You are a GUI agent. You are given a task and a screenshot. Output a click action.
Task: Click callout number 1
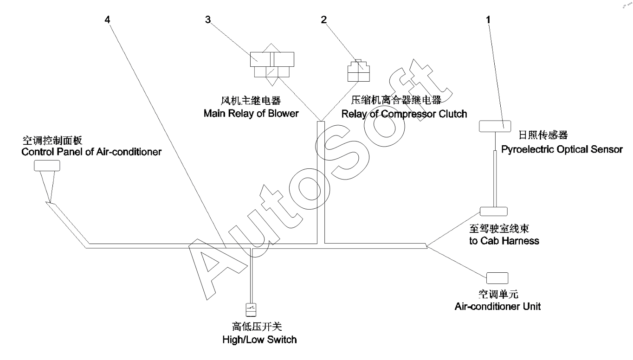coord(488,20)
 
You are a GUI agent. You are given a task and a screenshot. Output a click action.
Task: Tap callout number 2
coord(323,20)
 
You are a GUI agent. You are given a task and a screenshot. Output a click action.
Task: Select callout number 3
coord(208,20)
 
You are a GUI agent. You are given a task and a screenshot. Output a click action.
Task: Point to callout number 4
coord(108,20)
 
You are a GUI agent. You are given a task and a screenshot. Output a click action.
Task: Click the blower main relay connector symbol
coord(272,65)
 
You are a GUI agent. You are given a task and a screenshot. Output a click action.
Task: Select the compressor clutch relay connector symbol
coord(358,71)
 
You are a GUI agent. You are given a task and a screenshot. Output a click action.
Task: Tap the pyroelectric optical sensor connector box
coord(493,126)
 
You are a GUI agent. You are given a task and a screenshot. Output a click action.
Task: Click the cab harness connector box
coord(493,211)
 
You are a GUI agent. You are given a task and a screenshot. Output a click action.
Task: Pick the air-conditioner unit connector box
coord(497,277)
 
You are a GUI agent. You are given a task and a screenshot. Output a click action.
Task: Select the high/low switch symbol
coord(251,309)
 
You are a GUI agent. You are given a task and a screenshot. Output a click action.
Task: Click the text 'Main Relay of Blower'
coord(251,114)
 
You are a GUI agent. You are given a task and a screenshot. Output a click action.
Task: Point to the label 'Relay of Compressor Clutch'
coord(404,114)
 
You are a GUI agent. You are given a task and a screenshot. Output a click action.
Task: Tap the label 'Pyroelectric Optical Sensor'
coord(562,149)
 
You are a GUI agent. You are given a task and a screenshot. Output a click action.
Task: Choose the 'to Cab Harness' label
coord(504,241)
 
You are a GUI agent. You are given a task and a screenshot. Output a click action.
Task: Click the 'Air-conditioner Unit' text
coord(497,306)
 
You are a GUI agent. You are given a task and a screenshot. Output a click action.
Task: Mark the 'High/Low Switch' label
coord(259,340)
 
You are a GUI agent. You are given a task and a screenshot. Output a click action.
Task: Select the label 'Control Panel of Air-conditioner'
coord(92,151)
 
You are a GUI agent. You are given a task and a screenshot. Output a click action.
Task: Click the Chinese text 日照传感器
coord(543,135)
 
